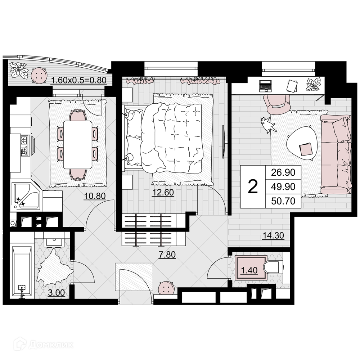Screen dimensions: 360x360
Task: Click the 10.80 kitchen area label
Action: (x=95, y=196)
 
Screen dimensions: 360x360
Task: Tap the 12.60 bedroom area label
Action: (x=163, y=192)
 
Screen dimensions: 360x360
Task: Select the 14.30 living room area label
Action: (x=273, y=235)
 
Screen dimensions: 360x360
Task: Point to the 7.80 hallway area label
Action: (x=167, y=255)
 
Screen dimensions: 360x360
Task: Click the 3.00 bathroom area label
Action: (x=57, y=293)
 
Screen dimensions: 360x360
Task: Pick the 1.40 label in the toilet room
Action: (x=249, y=270)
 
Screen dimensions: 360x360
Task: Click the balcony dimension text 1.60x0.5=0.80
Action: (x=78, y=80)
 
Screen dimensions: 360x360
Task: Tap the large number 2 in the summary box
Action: (x=253, y=187)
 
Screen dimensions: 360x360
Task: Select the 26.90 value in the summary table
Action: (x=283, y=172)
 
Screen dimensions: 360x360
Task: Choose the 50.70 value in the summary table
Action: (x=283, y=201)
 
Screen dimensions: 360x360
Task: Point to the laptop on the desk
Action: (x=265, y=86)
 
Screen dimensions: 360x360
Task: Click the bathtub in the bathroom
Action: (x=22, y=272)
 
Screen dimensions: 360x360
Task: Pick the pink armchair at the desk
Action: (x=277, y=104)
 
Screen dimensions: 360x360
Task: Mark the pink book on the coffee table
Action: (x=306, y=149)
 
